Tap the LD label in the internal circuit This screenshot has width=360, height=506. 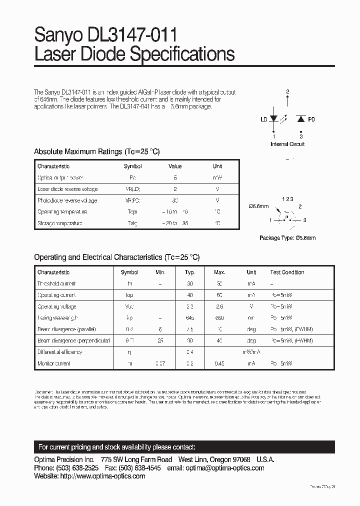(263, 119)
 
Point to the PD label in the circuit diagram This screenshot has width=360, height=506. (311, 119)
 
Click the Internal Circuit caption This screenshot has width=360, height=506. (287, 144)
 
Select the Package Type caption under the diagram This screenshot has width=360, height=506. (287, 238)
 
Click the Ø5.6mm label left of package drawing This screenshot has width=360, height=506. (258, 206)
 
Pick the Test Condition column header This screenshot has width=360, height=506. (287, 272)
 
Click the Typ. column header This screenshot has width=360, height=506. (190, 272)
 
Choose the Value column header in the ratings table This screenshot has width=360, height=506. (175, 166)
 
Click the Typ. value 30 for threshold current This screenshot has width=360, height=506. (190, 283)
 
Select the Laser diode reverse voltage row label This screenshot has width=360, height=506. (67, 189)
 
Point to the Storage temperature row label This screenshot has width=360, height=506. (59, 223)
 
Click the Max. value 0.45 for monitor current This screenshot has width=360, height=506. (219, 363)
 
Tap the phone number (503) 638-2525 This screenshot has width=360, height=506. (81, 468)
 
